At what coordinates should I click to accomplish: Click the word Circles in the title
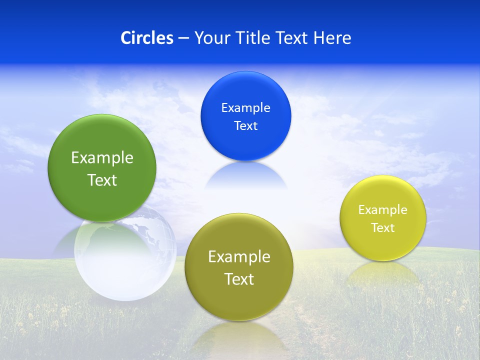point(146,38)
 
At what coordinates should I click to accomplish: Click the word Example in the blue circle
point(245,108)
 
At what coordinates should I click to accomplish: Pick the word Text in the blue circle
point(245,126)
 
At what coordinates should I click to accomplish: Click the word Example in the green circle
point(102,158)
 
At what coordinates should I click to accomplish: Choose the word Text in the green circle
point(102,180)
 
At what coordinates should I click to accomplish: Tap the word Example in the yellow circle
point(383,210)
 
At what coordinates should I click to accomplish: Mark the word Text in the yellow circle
point(383,228)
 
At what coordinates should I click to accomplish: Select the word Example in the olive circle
point(239,257)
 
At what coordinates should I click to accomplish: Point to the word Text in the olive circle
point(239,279)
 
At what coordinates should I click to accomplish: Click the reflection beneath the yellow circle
point(383,272)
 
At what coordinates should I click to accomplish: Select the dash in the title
point(183,38)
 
